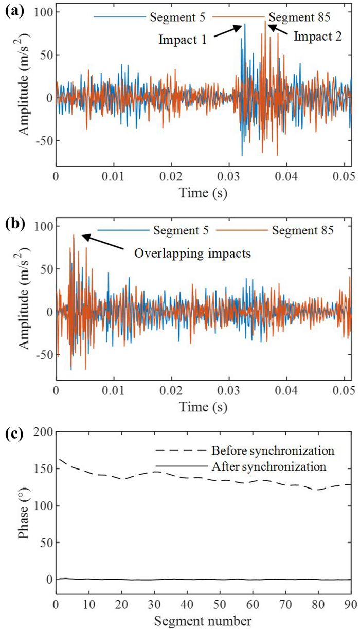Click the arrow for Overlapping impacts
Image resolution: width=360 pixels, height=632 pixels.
click(103, 242)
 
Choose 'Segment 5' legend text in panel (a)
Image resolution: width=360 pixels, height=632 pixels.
click(172, 17)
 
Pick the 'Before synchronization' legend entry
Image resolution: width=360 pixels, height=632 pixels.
click(272, 451)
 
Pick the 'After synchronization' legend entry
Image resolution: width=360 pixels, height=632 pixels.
click(269, 467)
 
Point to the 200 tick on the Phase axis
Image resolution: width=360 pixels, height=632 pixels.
click(41, 432)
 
